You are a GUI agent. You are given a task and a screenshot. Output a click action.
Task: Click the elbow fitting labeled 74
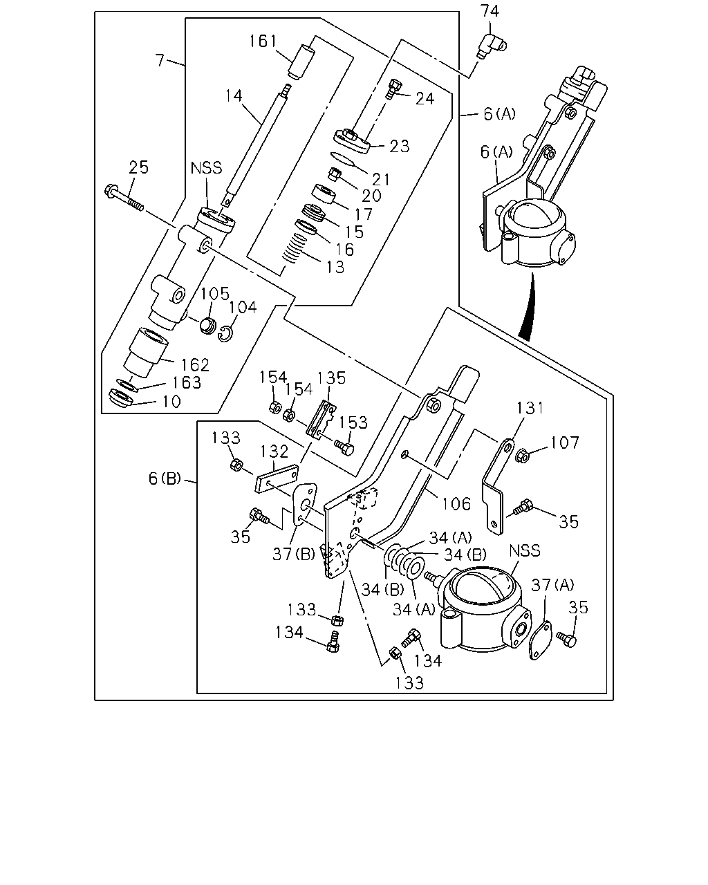click(x=492, y=46)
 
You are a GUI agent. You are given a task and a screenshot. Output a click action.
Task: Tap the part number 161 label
click(x=263, y=41)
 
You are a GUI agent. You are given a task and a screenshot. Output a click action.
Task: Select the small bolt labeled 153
click(x=344, y=448)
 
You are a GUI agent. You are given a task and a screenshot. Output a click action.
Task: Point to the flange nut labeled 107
click(x=523, y=456)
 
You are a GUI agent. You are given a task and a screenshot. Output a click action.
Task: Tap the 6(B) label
click(x=165, y=478)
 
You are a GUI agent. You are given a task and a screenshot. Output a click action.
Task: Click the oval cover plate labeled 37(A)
click(x=540, y=640)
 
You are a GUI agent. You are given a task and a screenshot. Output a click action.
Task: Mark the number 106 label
click(x=456, y=504)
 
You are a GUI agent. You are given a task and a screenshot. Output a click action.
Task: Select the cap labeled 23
click(x=352, y=141)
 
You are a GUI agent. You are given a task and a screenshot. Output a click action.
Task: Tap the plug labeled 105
click(x=207, y=325)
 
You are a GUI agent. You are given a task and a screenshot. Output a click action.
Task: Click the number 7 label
click(x=160, y=60)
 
